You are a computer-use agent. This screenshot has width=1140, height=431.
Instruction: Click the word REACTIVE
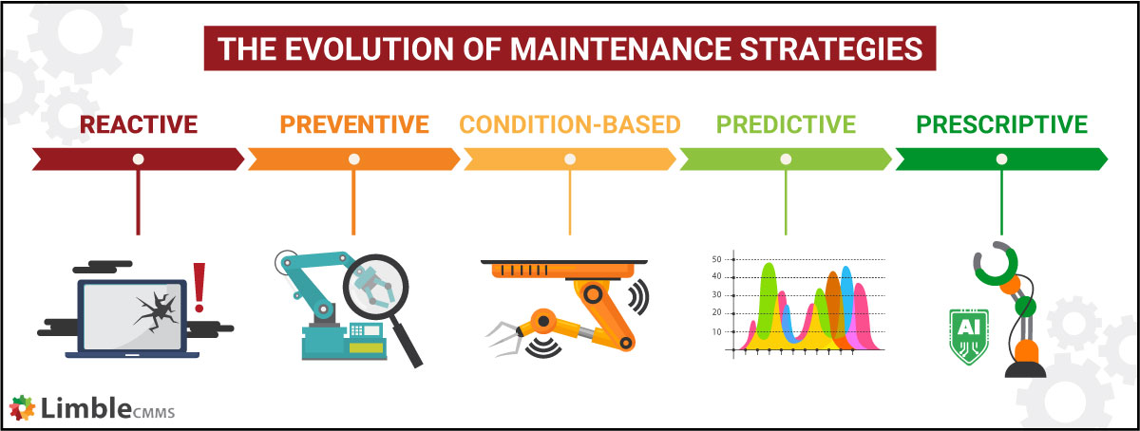(139, 124)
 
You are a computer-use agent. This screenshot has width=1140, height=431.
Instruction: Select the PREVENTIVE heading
(353, 124)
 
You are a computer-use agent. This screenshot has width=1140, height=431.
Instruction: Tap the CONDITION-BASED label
(570, 124)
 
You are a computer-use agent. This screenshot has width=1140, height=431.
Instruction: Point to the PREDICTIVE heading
(786, 124)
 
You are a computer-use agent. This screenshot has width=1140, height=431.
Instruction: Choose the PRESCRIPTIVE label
(1001, 124)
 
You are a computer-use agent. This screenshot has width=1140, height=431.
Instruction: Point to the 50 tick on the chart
(717, 259)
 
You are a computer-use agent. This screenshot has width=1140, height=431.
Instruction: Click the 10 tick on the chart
(717, 331)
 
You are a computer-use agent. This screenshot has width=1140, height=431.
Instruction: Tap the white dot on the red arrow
(139, 159)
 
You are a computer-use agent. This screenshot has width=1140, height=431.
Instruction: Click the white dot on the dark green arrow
(1001, 159)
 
